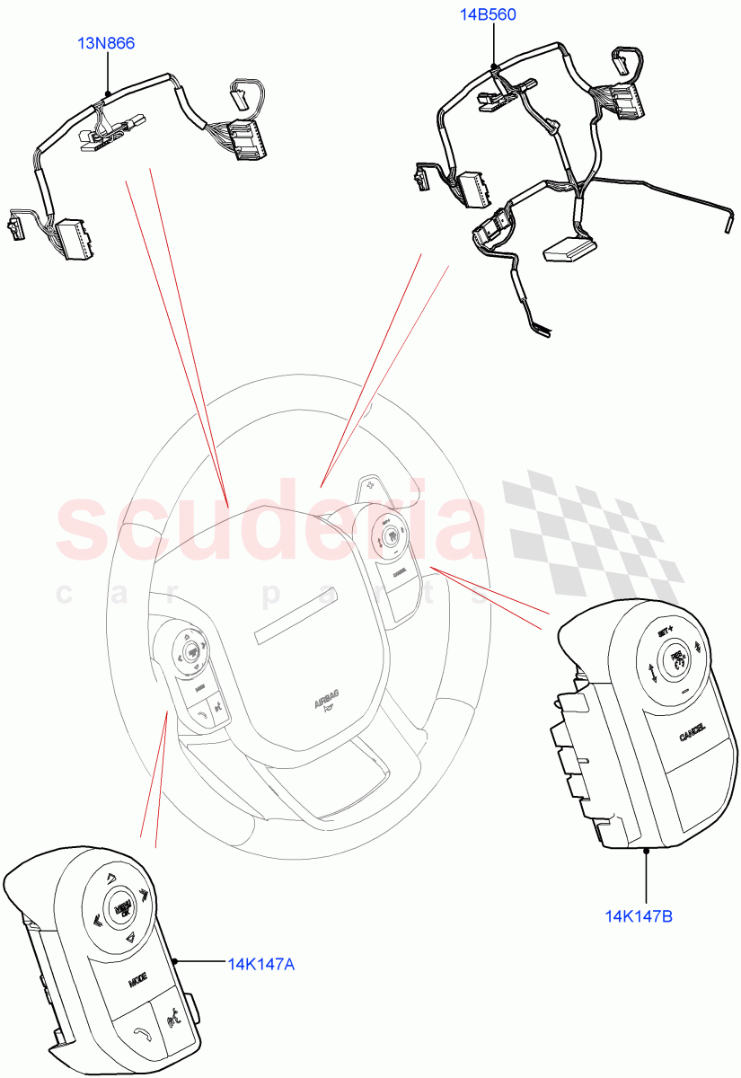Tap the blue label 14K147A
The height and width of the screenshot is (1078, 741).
[260, 964]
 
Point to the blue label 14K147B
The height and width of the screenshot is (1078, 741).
[639, 916]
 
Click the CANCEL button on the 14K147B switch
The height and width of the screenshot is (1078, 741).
[692, 734]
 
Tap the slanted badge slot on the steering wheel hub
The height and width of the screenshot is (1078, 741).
[296, 616]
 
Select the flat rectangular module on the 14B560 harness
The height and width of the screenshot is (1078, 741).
[569, 249]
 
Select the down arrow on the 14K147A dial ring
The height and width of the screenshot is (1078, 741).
[131, 937]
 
